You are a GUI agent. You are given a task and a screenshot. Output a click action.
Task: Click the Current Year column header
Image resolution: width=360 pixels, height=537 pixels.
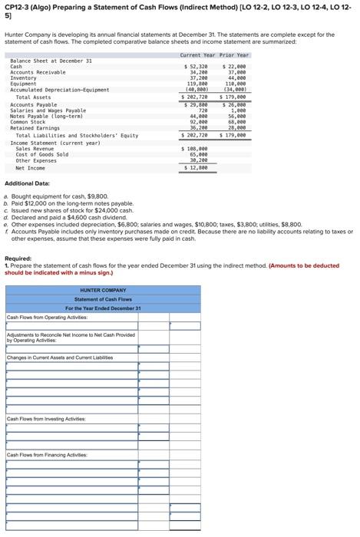pyautogui.click(x=197, y=55)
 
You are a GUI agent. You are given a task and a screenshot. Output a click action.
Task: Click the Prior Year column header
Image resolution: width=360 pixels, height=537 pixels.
pyautogui.click(x=234, y=55)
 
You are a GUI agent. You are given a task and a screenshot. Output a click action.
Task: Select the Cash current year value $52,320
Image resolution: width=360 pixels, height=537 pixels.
pyautogui.click(x=197, y=67)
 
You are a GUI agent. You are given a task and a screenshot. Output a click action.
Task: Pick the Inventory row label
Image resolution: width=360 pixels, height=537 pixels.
pyautogui.click(x=23, y=78)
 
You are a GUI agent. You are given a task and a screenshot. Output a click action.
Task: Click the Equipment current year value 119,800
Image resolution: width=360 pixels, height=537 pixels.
pyautogui.click(x=198, y=84)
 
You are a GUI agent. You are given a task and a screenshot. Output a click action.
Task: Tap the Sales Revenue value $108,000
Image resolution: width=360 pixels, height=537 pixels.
pyautogui.click(x=197, y=149)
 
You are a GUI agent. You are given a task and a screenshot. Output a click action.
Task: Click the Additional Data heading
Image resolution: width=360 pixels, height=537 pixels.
pyautogui.click(x=28, y=183)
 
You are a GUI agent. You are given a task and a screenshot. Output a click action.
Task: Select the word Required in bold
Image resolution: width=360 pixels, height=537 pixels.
pyautogui.click(x=18, y=259)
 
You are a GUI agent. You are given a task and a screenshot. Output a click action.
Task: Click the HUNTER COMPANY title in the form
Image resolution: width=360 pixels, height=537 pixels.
pyautogui.click(x=103, y=290)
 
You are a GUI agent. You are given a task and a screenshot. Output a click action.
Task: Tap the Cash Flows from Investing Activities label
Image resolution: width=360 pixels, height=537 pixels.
pyautogui.click(x=45, y=419)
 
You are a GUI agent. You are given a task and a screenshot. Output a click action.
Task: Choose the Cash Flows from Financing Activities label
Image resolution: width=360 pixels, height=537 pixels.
pyautogui.click(x=47, y=456)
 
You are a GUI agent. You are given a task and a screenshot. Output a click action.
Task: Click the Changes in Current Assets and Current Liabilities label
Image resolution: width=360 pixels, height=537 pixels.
pyautogui.click(x=60, y=357)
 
